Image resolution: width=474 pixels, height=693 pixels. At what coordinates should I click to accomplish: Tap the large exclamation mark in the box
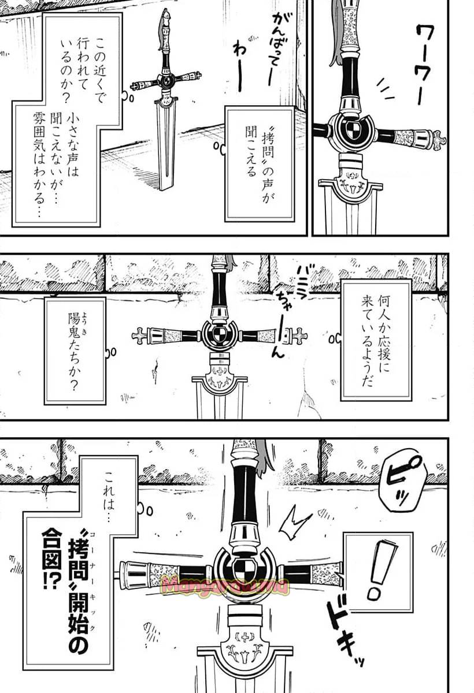pyautogui.click(x=379, y=568)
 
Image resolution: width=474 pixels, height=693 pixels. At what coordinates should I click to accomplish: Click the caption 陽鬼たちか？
pyautogui.click(x=75, y=350)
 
